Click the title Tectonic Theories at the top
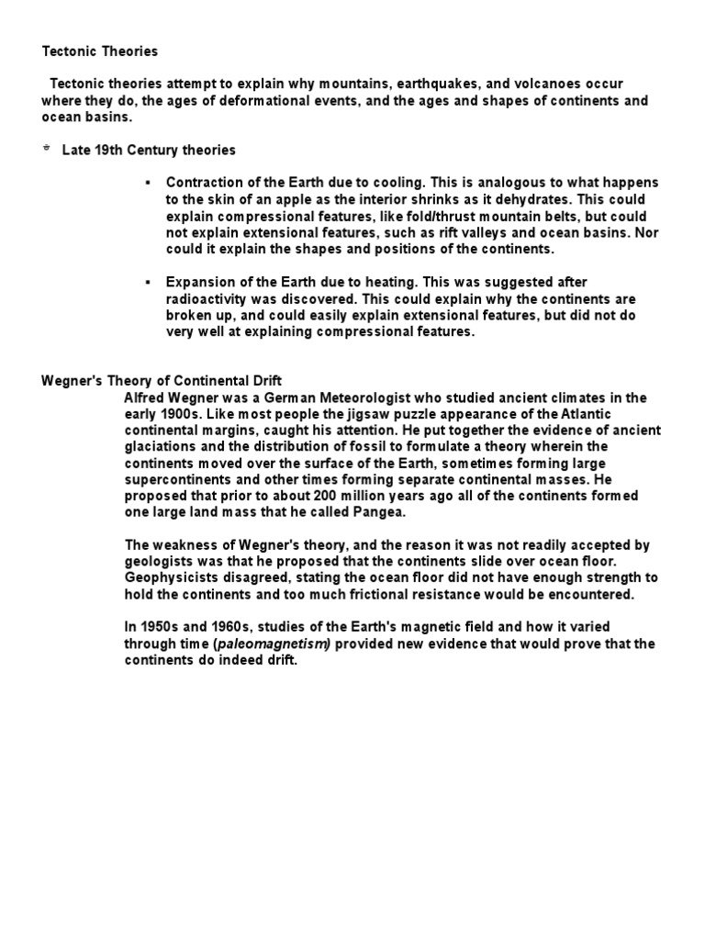[x=100, y=50]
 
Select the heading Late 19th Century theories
[x=149, y=150]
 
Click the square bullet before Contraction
[x=147, y=183]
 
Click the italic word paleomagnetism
[x=273, y=643]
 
